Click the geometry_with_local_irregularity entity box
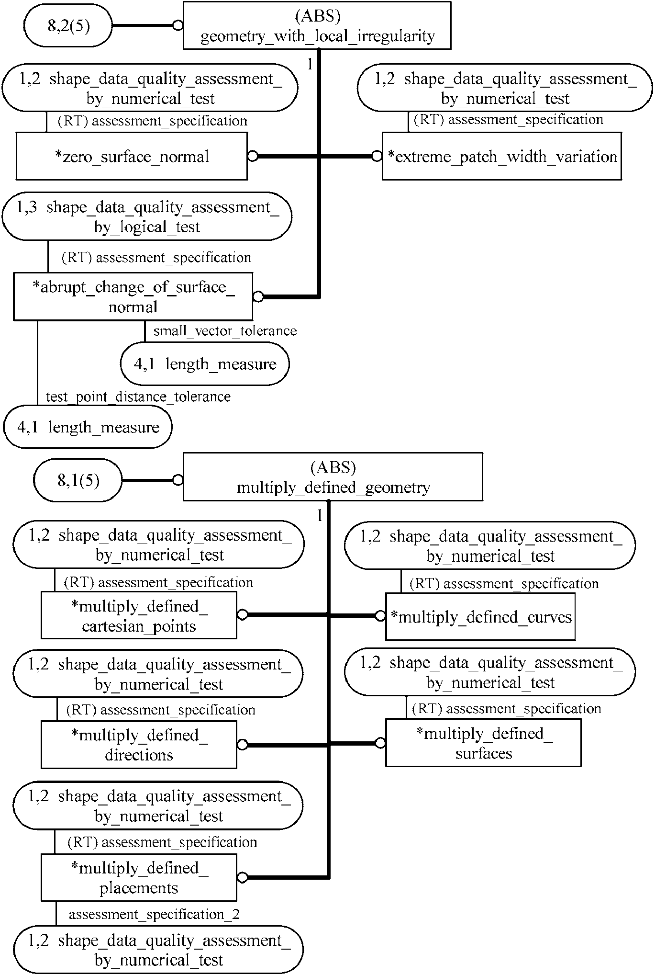[x=317, y=26]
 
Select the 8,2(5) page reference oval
[x=68, y=26]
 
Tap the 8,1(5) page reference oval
[x=78, y=480]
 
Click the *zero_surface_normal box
[x=132, y=157]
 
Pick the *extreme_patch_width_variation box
[x=501, y=157]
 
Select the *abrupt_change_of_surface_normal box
[x=133, y=296]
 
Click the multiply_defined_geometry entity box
[x=333, y=477]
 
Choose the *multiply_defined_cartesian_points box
[x=139, y=616]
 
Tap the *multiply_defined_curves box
[x=480, y=617]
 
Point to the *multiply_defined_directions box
[x=139, y=745]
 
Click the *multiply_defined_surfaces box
[x=483, y=743]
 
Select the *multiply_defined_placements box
[x=139, y=878]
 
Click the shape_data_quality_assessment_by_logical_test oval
[x=147, y=217]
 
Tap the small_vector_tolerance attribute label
[x=225, y=331]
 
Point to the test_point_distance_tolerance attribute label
[x=138, y=397]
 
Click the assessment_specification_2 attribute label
[x=154, y=914]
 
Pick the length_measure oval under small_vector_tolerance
[x=205, y=364]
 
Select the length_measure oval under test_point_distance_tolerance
[x=88, y=427]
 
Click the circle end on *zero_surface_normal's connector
[x=252, y=156]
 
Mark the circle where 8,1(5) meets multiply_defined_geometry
[x=178, y=480]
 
